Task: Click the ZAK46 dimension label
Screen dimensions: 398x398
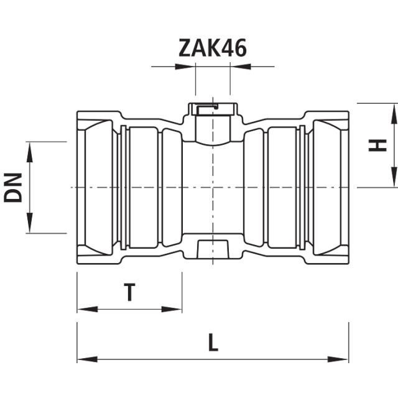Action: click(213, 48)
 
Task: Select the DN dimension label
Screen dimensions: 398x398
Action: click(13, 187)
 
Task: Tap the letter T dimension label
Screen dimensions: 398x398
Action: click(129, 292)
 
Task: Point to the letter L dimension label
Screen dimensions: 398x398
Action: click(213, 343)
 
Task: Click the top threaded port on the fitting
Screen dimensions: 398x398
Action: click(213, 121)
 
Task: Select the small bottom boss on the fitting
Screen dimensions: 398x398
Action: click(213, 248)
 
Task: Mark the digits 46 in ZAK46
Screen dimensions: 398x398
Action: click(234, 48)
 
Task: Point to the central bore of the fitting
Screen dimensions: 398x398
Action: click(213, 187)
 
